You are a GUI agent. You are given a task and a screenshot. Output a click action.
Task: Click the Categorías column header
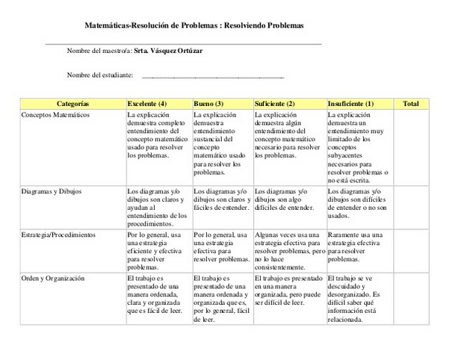(x=72, y=104)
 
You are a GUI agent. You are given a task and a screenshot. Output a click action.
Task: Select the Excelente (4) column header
(x=147, y=104)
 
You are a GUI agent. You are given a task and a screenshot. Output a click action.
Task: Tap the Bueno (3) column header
(x=208, y=104)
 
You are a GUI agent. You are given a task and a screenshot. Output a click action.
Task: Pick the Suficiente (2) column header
(x=275, y=104)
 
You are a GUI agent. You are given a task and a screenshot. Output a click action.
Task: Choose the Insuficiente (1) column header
(x=350, y=104)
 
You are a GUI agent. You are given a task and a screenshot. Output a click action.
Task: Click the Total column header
(x=411, y=104)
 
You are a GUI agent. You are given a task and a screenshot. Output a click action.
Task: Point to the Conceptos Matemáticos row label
(x=56, y=116)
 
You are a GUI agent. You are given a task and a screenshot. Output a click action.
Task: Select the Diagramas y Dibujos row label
(x=52, y=191)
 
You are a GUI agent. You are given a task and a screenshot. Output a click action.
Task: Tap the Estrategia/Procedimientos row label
(x=59, y=235)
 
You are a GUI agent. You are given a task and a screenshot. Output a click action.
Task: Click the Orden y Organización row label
(x=53, y=279)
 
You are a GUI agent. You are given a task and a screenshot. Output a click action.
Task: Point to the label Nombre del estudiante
(x=100, y=75)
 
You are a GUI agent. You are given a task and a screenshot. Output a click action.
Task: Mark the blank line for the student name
(x=213, y=77)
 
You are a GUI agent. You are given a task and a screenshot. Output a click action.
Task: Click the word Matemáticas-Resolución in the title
(x=126, y=25)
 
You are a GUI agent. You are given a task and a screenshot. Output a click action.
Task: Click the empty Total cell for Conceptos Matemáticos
(x=411, y=146)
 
